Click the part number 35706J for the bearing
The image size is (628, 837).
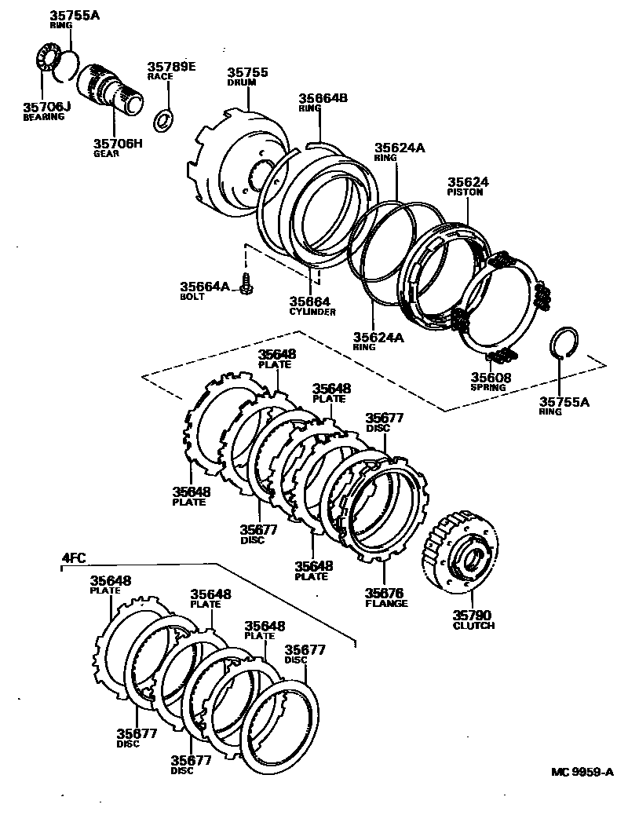[47, 108]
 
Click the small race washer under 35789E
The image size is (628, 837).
[164, 120]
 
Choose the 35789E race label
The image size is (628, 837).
[170, 68]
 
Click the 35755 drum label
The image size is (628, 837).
[248, 73]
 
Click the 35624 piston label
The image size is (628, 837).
[468, 182]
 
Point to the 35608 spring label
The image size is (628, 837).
[491, 378]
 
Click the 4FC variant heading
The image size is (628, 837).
[74, 558]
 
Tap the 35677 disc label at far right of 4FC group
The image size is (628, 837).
[305, 650]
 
